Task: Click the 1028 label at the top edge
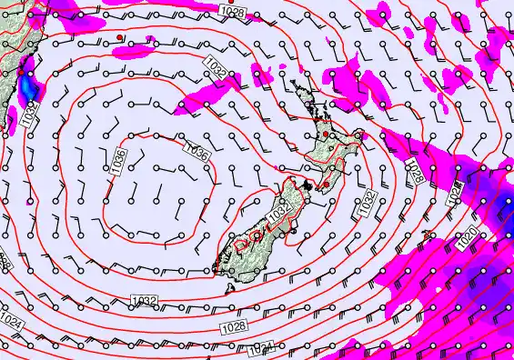(x=232, y=11)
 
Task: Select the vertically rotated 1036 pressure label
(x=120, y=161)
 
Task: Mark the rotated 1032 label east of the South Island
(x=366, y=205)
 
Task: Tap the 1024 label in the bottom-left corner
(x=12, y=322)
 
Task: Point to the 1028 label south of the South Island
(x=233, y=325)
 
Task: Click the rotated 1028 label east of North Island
(x=412, y=171)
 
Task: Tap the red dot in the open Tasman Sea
(x=119, y=37)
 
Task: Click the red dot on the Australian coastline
(x=20, y=70)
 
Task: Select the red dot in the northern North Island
(x=326, y=135)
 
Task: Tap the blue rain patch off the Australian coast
(x=31, y=86)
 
